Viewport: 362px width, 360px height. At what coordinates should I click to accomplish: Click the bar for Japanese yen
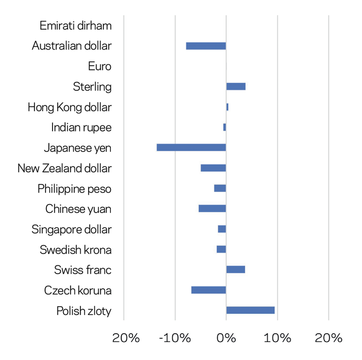[191, 148]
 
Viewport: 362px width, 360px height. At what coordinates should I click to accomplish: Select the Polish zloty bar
[250, 310]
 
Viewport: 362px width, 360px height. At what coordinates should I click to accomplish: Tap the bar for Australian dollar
[206, 46]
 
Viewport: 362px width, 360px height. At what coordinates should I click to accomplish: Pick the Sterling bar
[236, 87]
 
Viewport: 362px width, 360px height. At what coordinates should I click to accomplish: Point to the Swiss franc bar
[235, 270]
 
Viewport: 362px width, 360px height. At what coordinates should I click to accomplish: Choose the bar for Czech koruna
[208, 290]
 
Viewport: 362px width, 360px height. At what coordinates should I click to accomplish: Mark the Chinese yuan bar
[212, 209]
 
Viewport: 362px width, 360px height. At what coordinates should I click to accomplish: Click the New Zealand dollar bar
[213, 168]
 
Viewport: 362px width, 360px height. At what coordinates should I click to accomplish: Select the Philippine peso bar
[220, 188]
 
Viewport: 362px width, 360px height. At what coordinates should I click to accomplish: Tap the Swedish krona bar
[221, 250]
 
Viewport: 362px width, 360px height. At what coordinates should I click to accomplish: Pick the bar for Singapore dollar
[222, 229]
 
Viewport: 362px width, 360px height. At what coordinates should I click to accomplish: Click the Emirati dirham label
[76, 26]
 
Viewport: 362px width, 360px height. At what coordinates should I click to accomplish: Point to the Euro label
[100, 66]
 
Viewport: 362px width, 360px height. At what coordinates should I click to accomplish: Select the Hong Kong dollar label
[70, 107]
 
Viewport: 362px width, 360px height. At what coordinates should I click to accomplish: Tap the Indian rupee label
[81, 128]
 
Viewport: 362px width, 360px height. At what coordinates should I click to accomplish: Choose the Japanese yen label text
[78, 148]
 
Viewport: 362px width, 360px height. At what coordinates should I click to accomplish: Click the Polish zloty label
[84, 311]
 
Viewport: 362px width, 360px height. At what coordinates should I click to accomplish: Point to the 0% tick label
[226, 338]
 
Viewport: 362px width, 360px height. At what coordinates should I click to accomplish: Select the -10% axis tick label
[175, 338]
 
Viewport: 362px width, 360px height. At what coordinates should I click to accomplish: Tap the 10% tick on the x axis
[278, 338]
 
